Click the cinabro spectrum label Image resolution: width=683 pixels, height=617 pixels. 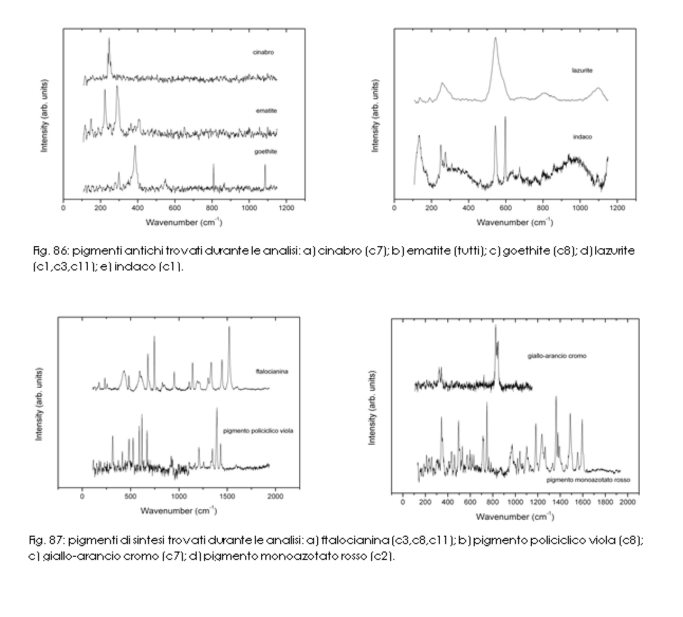[x=263, y=52]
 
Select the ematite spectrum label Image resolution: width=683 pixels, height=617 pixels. [x=265, y=111]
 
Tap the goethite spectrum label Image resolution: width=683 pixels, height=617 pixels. [x=266, y=152]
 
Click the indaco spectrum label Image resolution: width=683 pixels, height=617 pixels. [x=582, y=137]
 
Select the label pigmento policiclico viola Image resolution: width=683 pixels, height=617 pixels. [x=258, y=431]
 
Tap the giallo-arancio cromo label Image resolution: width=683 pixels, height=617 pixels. [x=557, y=356]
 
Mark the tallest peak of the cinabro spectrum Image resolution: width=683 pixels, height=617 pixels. [x=109, y=39]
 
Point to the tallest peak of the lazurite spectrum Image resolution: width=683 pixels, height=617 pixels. [x=495, y=38]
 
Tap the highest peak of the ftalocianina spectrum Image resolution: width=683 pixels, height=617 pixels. [x=229, y=328]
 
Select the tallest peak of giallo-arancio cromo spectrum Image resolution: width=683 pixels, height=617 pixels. [x=496, y=326]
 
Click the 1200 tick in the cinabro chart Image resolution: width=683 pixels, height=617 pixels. [x=286, y=208]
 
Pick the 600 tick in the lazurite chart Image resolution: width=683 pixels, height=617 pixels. [x=506, y=208]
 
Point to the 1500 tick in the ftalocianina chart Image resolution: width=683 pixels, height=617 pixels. [x=227, y=497]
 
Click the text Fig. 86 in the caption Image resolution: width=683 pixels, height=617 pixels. [x=43, y=251]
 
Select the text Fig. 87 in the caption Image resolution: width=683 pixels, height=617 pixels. [x=40, y=541]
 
